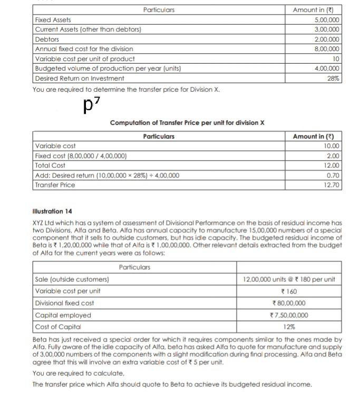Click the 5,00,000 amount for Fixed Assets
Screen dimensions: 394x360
(327, 19)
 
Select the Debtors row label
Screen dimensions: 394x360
(47, 40)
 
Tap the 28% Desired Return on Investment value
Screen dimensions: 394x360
(334, 78)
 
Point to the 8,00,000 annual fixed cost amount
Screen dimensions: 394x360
(327, 49)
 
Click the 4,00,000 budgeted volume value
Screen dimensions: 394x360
(327, 68)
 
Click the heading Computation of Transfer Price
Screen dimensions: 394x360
(187, 123)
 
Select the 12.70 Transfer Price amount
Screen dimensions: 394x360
(333, 185)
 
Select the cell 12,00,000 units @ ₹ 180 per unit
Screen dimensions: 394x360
(289, 279)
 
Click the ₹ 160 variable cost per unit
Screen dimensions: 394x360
(288, 291)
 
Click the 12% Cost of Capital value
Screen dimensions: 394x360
(288, 327)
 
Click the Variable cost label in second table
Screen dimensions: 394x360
(55, 146)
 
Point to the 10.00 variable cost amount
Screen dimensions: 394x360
(333, 146)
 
